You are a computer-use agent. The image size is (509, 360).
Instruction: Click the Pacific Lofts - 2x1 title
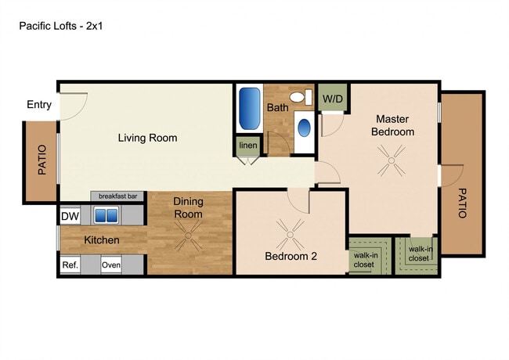tap(61, 26)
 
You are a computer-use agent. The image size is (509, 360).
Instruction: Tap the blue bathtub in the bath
tap(249, 108)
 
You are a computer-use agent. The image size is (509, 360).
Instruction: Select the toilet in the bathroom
tap(301, 97)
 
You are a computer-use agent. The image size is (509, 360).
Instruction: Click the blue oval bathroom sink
tap(304, 128)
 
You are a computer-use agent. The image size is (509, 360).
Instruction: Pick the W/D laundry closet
tap(333, 98)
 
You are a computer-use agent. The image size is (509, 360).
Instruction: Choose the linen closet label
tap(248, 146)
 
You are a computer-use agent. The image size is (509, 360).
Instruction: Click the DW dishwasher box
tap(70, 216)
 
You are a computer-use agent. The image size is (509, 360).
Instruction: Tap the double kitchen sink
tap(106, 215)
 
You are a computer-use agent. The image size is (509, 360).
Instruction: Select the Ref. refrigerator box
tap(70, 265)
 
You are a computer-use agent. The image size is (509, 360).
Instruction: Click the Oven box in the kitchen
tap(111, 265)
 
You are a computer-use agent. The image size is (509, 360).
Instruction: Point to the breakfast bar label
tap(117, 196)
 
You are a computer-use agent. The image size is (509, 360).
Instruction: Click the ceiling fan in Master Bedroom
tap(392, 160)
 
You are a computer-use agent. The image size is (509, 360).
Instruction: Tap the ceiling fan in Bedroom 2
tap(290, 235)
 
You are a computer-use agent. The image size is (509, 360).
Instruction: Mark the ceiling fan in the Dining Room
tap(188, 236)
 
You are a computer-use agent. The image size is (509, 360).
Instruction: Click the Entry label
tap(39, 105)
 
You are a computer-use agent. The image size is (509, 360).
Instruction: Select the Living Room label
tap(147, 138)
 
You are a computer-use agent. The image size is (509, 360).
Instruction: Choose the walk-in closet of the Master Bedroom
tap(417, 256)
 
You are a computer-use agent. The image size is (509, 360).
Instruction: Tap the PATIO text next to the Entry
tap(42, 160)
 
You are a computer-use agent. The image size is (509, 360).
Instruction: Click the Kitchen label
tap(102, 240)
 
